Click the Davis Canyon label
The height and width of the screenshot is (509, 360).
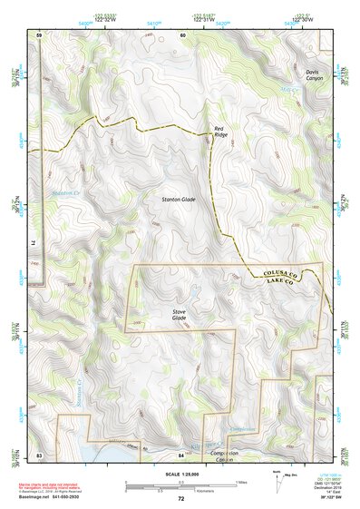tap(314, 73)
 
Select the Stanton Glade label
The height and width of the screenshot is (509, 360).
tap(179, 199)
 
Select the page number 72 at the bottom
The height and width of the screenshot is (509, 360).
tap(180, 499)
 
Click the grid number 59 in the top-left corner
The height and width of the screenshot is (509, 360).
tap(39, 34)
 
